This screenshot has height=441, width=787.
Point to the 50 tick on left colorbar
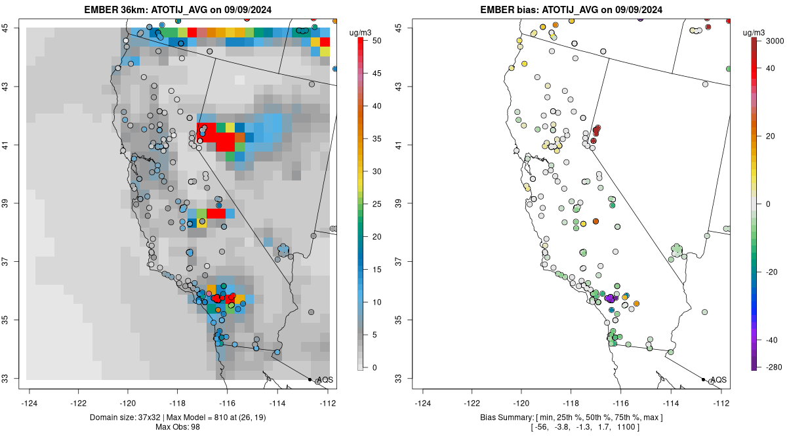(x=371, y=41)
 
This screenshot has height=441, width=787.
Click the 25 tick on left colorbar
(x=371, y=204)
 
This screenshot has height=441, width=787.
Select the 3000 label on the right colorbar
(x=774, y=41)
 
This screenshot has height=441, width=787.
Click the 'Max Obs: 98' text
(x=178, y=427)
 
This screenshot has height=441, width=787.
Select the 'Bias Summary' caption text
(x=500, y=417)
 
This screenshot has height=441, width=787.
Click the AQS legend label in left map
(x=325, y=380)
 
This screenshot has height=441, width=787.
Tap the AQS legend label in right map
(x=718, y=380)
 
